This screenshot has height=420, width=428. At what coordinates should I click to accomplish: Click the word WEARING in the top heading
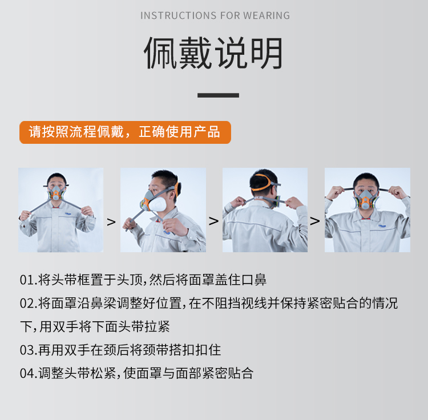[267, 15]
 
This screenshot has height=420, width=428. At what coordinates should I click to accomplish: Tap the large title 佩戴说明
[214, 53]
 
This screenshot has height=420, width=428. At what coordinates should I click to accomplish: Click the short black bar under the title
[218, 95]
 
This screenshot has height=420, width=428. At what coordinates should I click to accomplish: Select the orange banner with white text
[126, 132]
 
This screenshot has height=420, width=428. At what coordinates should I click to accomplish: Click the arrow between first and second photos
[111, 222]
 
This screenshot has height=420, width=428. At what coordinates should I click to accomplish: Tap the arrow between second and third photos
[214, 221]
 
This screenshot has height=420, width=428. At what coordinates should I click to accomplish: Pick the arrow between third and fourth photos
[315, 221]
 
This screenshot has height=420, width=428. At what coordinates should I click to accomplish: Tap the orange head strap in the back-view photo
[263, 182]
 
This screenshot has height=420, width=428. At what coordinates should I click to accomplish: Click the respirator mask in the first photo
[56, 193]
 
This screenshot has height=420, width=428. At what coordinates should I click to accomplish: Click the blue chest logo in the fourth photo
[382, 226]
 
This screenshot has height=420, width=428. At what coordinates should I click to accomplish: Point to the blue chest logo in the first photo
[68, 213]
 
